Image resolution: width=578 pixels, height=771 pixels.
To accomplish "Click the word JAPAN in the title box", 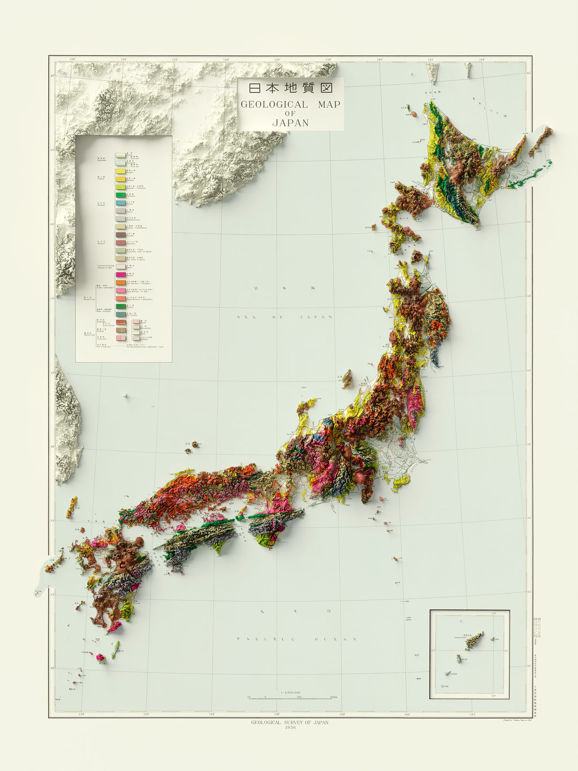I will click(x=291, y=123).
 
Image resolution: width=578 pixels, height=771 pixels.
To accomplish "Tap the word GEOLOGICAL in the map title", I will click(x=274, y=104).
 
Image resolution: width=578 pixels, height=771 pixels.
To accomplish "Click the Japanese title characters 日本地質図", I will click(x=291, y=88).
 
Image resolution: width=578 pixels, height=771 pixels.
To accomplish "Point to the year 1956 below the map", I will click(x=290, y=728).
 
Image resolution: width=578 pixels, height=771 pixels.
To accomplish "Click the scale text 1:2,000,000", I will click(x=291, y=693).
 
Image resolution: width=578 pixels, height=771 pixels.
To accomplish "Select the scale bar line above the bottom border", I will click(x=290, y=698).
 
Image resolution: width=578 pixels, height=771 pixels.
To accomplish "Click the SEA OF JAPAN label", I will click(x=285, y=317).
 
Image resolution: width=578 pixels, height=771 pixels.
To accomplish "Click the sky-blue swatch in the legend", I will click(x=120, y=203).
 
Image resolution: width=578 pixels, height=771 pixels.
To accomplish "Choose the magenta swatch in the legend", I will click(x=120, y=275).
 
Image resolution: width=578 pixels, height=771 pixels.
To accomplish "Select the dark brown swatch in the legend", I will click(x=120, y=235).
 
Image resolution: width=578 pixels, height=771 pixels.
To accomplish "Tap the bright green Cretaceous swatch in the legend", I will click(x=120, y=195).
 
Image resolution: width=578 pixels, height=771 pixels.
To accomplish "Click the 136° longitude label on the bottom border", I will click(x=277, y=714).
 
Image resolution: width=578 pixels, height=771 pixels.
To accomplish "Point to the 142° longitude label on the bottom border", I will click(x=472, y=714).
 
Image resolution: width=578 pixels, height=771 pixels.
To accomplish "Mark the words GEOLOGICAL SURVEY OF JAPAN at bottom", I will click(x=290, y=722).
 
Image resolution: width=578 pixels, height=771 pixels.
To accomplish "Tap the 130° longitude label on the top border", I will click(x=124, y=59).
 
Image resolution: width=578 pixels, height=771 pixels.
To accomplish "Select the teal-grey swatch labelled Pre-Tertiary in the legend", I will click(x=120, y=314).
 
